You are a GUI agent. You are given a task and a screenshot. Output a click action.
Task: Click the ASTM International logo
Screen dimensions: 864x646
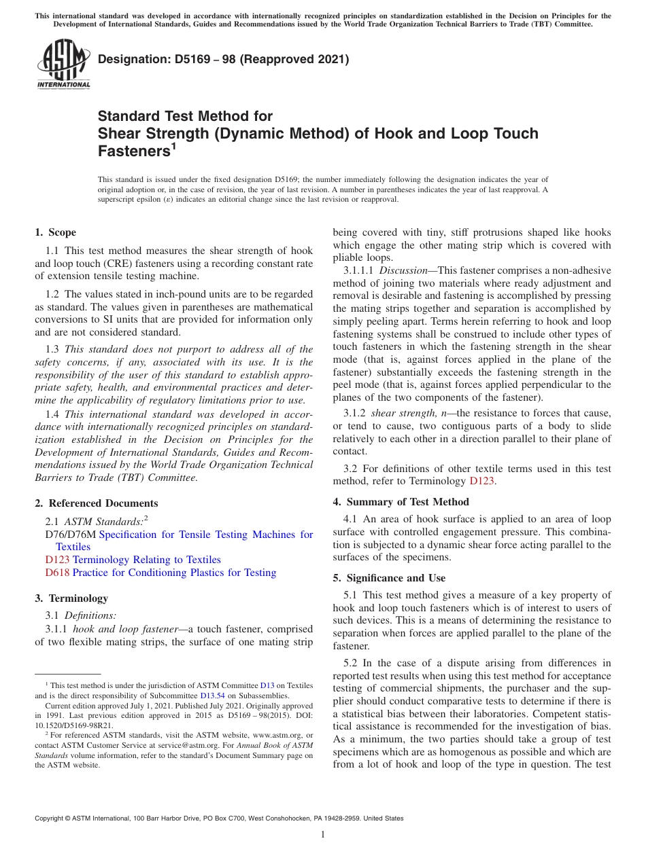point(63,65)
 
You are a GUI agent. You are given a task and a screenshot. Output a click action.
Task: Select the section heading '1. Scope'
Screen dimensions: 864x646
point(56,232)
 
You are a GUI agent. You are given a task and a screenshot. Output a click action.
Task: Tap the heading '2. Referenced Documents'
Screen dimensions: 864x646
point(97,503)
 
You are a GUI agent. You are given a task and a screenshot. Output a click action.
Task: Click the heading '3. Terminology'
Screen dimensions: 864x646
point(71,598)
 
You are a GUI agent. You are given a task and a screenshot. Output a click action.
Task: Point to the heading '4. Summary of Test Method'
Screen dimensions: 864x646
point(401,502)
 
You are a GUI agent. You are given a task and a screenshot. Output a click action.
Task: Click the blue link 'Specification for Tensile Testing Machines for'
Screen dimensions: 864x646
point(206,535)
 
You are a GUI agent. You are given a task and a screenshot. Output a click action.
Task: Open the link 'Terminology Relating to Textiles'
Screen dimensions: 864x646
point(146,560)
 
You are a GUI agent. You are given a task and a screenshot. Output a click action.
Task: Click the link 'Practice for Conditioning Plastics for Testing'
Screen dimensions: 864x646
point(174,573)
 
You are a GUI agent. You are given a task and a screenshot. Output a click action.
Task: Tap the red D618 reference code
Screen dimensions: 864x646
point(57,573)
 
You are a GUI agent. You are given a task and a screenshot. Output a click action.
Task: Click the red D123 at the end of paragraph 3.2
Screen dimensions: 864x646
point(483,482)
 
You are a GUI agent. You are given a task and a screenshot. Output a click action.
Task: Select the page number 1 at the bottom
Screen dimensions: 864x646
point(323,835)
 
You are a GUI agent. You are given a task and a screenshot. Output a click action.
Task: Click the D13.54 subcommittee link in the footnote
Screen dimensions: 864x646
point(211,696)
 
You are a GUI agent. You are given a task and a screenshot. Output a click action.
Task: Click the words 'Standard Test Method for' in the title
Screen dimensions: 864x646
point(185,116)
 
